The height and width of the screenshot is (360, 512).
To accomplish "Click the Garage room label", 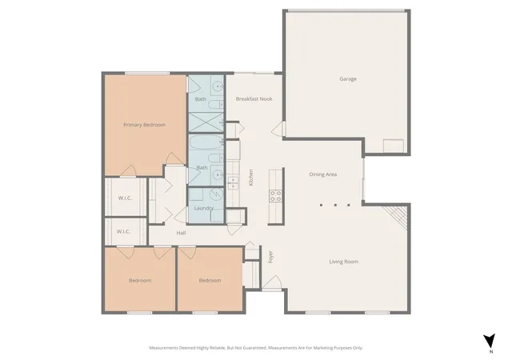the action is pos(348,78).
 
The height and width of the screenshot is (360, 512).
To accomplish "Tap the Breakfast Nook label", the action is pos(254,98).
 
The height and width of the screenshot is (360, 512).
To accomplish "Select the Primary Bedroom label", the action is pos(144,125).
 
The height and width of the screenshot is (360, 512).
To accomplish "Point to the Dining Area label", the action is pos(322,174).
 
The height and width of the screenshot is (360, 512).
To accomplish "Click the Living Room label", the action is pos(343,262).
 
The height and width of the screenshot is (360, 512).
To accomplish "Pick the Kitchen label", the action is pos(250,178).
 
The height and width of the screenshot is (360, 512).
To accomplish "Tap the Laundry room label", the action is pos(203,208).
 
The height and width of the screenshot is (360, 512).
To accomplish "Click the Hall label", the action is pos(181,233).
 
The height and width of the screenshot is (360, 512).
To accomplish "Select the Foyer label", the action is pos(270,257).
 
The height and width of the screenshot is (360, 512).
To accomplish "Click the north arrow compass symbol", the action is pos(489,341).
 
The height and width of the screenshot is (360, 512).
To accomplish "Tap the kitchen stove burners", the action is pos(275,196).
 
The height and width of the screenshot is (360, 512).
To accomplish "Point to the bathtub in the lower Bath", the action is pos(206,142).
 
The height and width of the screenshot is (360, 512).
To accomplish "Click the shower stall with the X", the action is pos(206,122).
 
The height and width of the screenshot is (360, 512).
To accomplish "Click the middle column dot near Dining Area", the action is pos(335,205).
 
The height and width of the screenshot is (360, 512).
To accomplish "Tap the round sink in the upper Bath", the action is pos(217,86).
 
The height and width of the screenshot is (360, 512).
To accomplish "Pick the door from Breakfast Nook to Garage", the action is pos(278,129).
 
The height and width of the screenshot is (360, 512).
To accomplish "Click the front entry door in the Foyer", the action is pos(272,283).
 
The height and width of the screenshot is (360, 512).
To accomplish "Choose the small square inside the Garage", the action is pos(394,146).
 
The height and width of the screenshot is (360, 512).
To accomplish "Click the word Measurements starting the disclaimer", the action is pos(163,348).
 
